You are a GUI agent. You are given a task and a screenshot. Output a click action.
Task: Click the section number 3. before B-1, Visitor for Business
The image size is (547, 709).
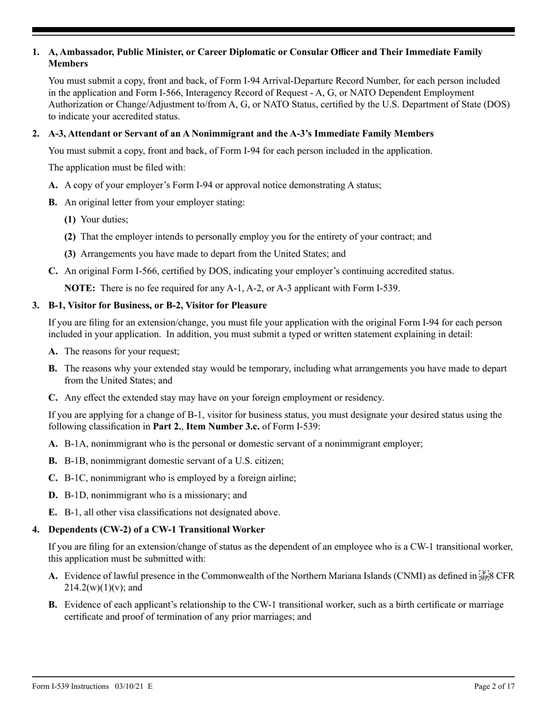(36, 305)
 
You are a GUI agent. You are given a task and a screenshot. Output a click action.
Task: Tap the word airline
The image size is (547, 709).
(281, 478)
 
